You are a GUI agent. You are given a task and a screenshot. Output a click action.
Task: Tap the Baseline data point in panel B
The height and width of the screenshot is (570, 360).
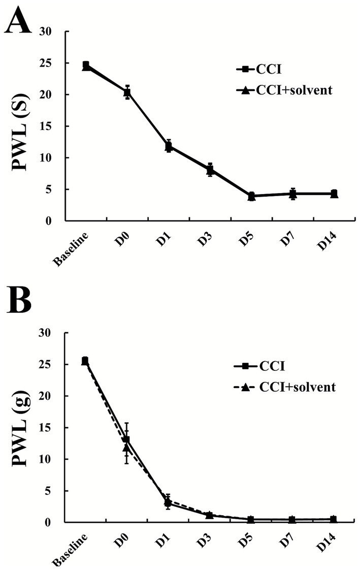pyautogui.click(x=85, y=361)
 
